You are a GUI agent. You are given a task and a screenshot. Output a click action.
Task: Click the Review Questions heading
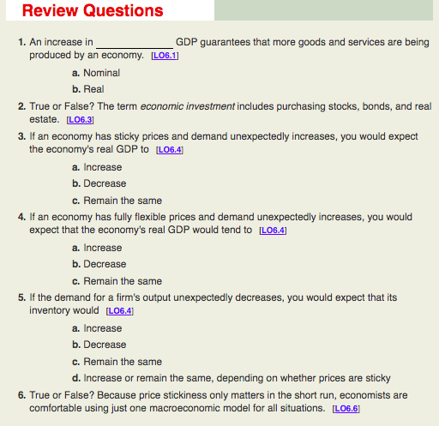93,11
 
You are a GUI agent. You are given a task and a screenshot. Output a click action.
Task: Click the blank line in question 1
134,43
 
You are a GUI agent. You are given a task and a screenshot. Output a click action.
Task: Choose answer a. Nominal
96,73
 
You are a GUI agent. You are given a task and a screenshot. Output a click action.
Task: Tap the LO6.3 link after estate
80,120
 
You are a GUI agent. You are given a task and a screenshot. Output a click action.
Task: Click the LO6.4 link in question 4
270,231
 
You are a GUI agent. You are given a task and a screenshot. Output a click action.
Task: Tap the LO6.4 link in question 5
117,311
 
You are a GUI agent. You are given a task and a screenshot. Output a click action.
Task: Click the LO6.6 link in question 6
344,408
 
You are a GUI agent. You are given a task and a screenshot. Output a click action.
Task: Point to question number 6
21,394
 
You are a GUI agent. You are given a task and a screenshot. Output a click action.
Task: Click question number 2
21,106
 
